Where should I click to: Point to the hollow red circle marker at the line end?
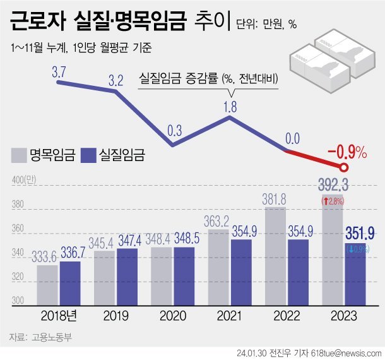344,167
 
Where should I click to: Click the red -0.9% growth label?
347,152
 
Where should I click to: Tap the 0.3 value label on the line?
175,131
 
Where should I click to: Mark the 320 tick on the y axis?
18,277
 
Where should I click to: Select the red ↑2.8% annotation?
333,201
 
